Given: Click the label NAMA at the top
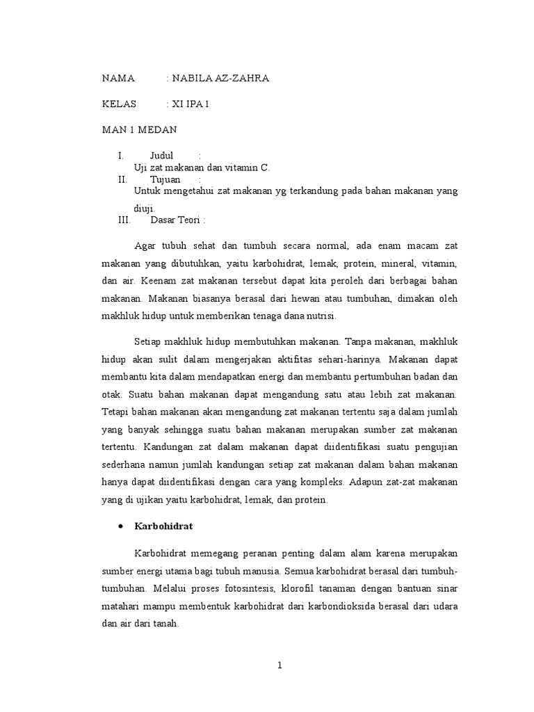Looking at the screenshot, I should [x=118, y=79].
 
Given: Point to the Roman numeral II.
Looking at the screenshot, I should [x=122, y=179].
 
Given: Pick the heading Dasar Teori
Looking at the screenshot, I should [x=178, y=220].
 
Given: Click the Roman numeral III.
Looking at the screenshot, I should [x=124, y=220].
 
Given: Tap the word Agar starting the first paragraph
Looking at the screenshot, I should [x=145, y=247].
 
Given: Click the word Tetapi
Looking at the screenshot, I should [x=115, y=412].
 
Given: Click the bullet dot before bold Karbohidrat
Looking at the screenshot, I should [x=121, y=526].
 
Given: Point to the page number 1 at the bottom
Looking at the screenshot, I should [x=280, y=665].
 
